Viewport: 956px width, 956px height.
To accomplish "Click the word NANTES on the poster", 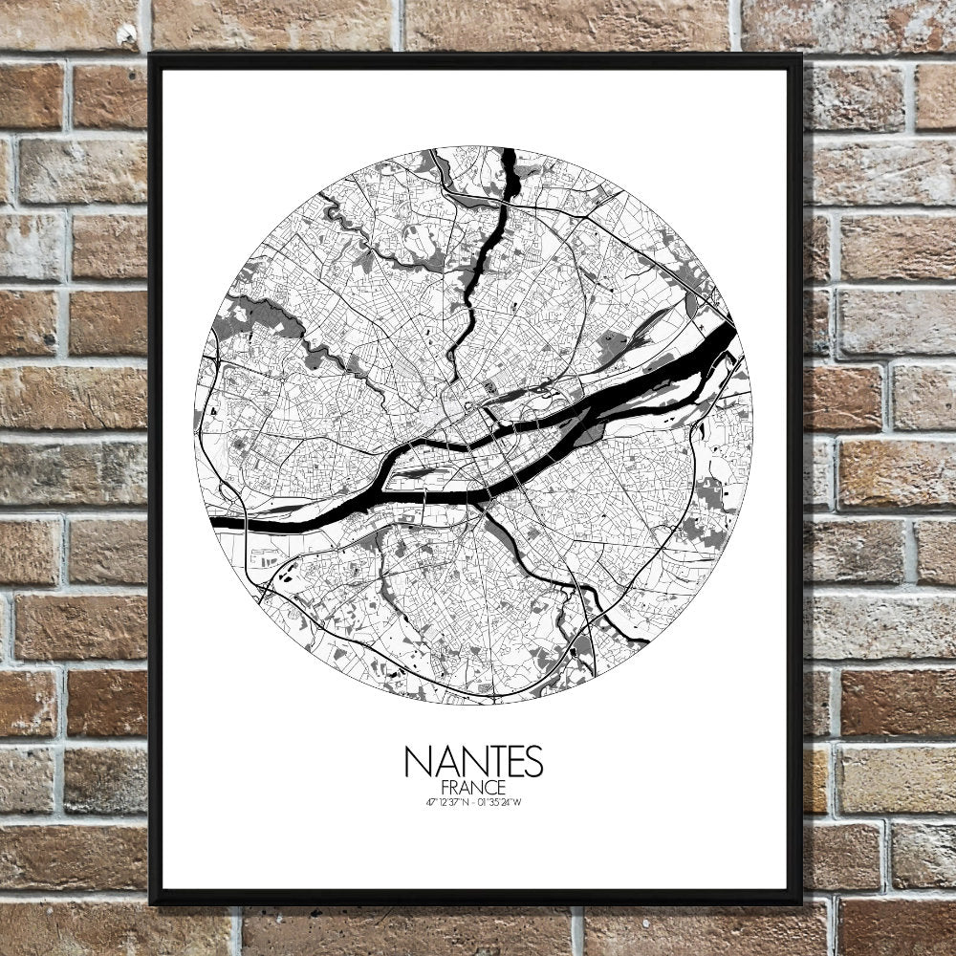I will [473, 762].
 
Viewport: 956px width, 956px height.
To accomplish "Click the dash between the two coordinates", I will [473, 802].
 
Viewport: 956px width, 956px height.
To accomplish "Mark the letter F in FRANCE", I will [445, 787].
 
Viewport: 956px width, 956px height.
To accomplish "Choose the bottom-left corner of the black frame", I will [152, 902].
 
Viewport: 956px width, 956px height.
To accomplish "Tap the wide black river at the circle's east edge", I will [712, 349].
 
